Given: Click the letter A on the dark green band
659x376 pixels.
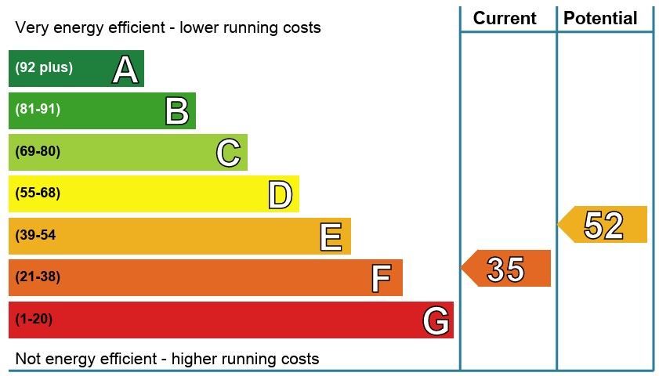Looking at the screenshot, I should pyautogui.click(x=125, y=70).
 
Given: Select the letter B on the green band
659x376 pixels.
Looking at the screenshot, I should pyautogui.click(x=177, y=111).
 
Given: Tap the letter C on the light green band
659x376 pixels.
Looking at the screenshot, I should pyautogui.click(x=228, y=153).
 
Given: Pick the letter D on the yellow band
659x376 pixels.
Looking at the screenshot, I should pyautogui.click(x=280, y=195).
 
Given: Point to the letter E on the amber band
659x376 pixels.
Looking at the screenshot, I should pyautogui.click(x=331, y=237).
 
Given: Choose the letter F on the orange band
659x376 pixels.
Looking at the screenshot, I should pyautogui.click(x=381, y=278).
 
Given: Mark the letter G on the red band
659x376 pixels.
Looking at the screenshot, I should pyautogui.click(x=436, y=320).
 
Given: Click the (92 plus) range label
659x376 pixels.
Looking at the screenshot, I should pyautogui.click(x=44, y=67).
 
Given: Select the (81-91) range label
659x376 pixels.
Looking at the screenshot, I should pyautogui.click(x=38, y=110).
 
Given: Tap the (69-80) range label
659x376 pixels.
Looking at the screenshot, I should pyautogui.click(x=38, y=151).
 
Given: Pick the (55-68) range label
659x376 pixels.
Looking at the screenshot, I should pyautogui.click(x=38, y=193).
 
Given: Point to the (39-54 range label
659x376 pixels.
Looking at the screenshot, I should pyautogui.click(x=35, y=235).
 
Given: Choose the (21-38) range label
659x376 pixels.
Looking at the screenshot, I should pyautogui.click(x=38, y=277).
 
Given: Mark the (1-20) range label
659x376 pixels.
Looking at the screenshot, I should pyautogui.click(x=34, y=319).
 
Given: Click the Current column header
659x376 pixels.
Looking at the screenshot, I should pyautogui.click(x=505, y=18).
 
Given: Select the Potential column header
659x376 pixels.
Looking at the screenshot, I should pyautogui.click(x=601, y=18).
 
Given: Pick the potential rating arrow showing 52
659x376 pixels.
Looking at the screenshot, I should pyautogui.click(x=603, y=226).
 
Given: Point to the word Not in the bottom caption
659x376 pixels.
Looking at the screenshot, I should pyautogui.click(x=27, y=360).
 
